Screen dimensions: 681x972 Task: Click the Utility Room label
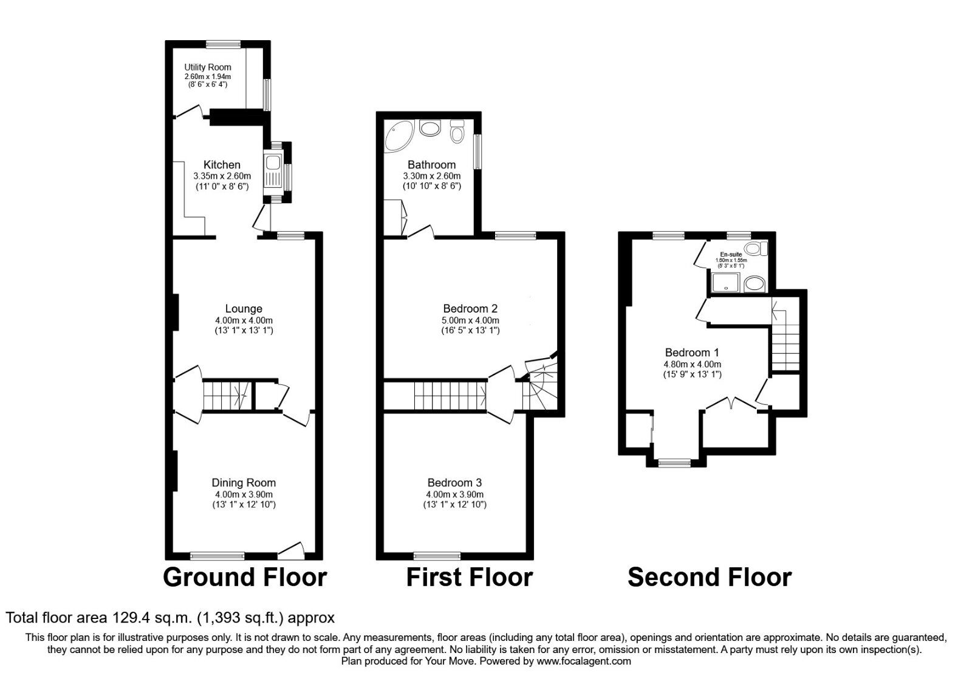click(x=208, y=67)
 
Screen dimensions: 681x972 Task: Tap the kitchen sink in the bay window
click(x=272, y=164)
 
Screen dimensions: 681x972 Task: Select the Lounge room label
click(x=244, y=309)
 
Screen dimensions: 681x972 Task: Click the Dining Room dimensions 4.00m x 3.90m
click(x=244, y=494)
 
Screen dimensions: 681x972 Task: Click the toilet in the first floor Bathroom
click(x=457, y=130)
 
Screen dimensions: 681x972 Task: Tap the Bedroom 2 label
click(x=470, y=308)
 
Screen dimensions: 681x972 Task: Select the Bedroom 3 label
click(x=454, y=482)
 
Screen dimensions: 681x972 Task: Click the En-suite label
click(x=731, y=254)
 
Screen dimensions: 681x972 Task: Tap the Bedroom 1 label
click(x=692, y=352)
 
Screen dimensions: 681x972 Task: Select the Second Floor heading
click(x=709, y=577)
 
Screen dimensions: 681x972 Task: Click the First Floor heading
click(x=469, y=577)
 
